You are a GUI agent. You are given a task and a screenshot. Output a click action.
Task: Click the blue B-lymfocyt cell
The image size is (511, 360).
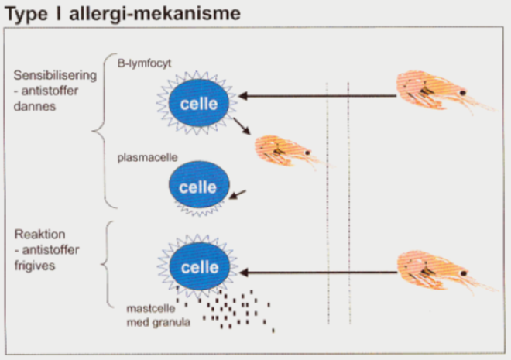[197, 104]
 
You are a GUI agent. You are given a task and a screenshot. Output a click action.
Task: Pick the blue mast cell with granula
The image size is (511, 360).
[197, 267]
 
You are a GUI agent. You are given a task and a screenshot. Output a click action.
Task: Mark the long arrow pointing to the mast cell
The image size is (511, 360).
[317, 270]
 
